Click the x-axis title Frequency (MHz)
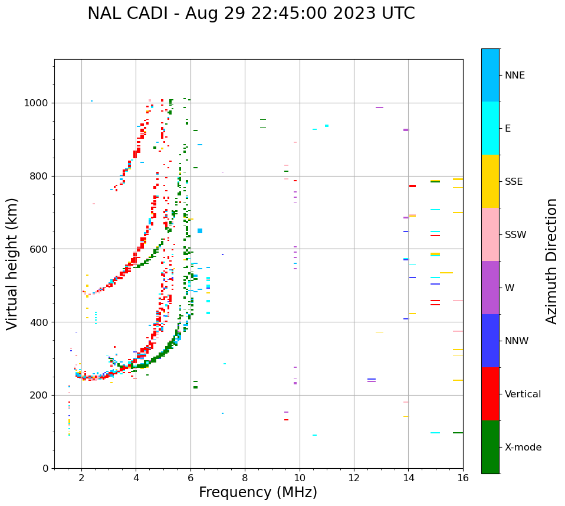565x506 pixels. coord(258,492)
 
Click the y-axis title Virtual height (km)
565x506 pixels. coord(12,264)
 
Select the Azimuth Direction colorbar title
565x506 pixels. coord(551,261)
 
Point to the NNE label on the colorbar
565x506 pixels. coord(514,76)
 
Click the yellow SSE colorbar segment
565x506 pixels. coord(490,181)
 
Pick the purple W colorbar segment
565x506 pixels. coord(490,288)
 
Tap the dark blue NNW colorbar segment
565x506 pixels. coord(490,341)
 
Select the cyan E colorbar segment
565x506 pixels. coord(490,128)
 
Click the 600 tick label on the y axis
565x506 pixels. coord(40,249)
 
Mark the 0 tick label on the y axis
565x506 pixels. coord(46,468)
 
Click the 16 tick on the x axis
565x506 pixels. coord(463,477)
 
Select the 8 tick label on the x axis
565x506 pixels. coord(245,477)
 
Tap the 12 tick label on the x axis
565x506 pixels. coord(354,477)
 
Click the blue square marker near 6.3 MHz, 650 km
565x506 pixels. coord(200,231)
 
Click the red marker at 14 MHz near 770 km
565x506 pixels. coord(412,186)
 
